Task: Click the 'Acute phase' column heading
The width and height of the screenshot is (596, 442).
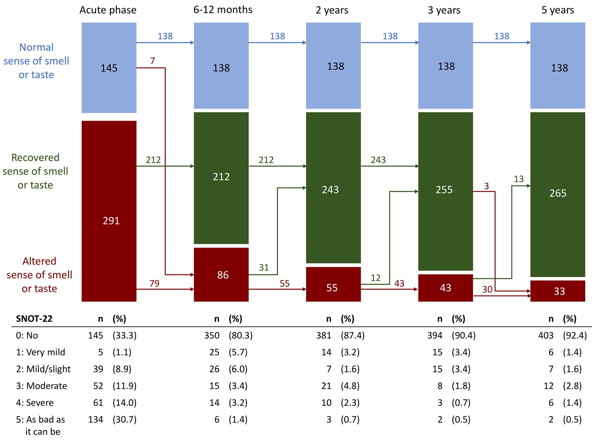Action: coord(108,10)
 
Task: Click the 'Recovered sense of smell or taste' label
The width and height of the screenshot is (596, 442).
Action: coord(35,171)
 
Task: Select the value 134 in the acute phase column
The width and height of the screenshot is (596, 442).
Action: coord(95,419)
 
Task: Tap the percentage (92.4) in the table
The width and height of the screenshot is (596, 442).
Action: coord(575,335)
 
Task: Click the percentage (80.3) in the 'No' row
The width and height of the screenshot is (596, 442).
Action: coord(240,335)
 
